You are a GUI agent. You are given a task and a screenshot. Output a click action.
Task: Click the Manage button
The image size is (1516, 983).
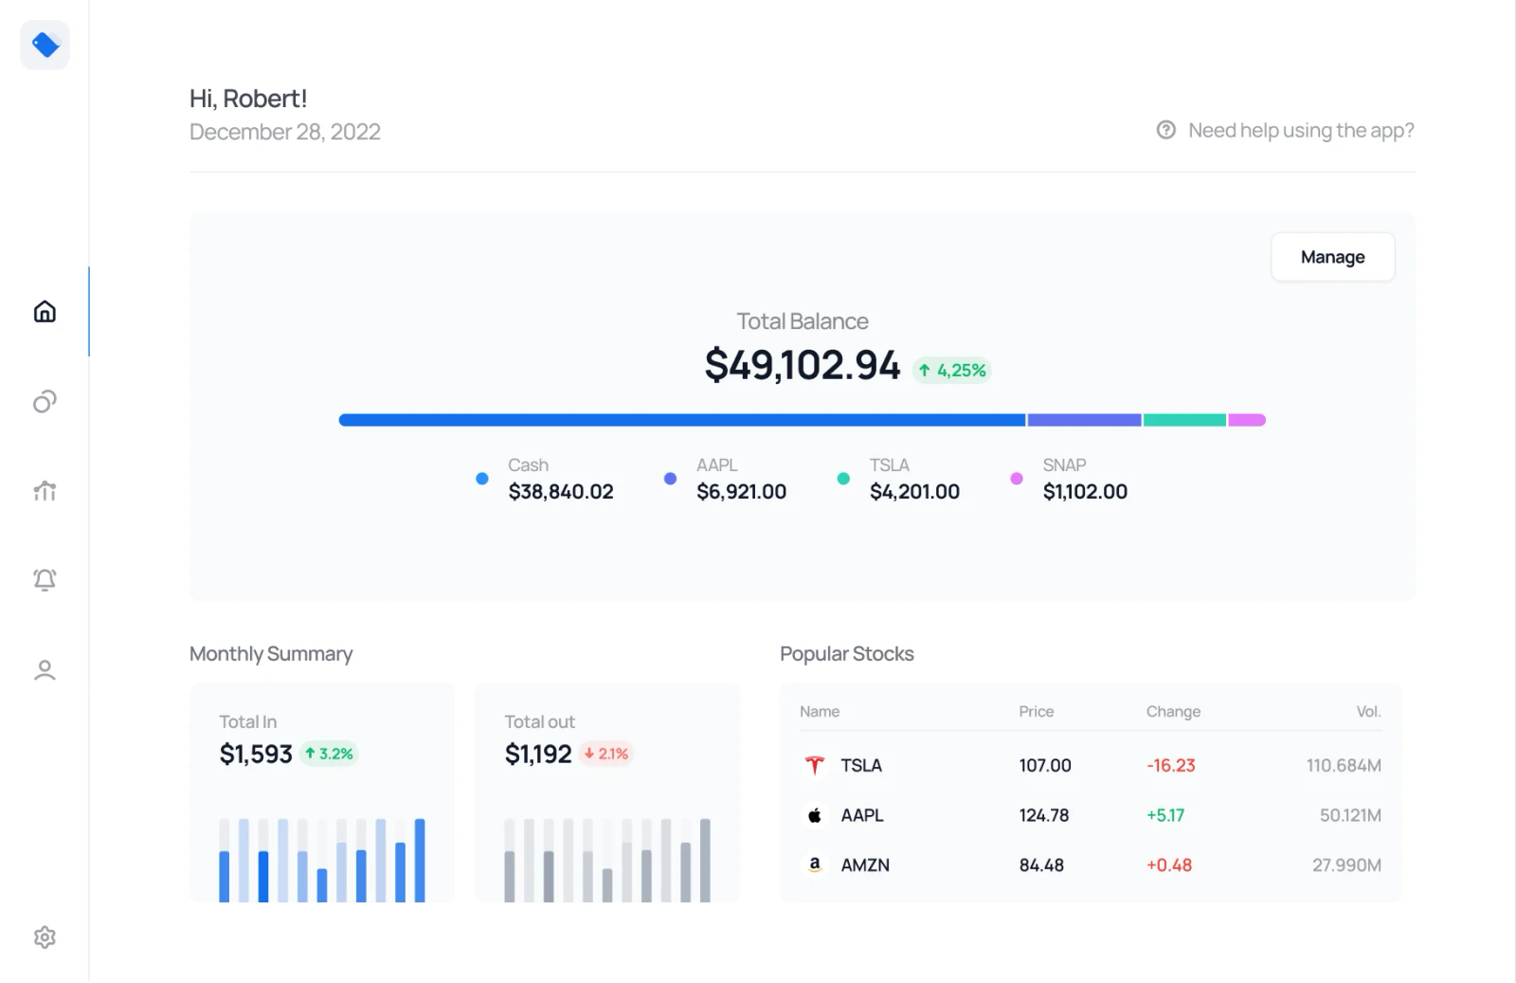(1332, 257)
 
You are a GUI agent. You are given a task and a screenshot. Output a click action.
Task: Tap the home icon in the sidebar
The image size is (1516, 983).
(45, 312)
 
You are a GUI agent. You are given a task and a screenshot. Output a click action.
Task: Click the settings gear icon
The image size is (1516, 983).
(45, 937)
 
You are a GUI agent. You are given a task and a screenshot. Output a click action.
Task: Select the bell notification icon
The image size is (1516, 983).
(45, 579)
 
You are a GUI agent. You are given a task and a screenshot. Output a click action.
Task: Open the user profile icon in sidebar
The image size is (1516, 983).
(45, 670)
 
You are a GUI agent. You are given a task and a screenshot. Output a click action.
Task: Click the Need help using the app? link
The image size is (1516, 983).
(1300, 131)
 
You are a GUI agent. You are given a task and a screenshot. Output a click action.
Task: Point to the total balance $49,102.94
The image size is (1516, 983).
(802, 365)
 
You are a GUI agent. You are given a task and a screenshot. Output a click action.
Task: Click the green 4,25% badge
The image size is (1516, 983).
(952, 371)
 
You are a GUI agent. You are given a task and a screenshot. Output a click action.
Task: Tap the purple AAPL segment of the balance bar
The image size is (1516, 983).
(1084, 420)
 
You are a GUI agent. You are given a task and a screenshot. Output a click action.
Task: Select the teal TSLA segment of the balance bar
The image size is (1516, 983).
(1184, 420)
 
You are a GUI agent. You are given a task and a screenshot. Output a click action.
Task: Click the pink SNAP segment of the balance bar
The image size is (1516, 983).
(1247, 420)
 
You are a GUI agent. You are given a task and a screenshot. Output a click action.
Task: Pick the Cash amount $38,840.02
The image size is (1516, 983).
(561, 491)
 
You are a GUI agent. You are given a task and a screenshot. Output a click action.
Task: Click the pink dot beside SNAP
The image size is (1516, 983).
(1017, 479)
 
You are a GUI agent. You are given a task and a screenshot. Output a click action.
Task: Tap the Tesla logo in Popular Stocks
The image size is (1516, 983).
(814, 765)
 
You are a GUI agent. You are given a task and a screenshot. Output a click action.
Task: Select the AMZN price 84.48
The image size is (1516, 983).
(1041, 865)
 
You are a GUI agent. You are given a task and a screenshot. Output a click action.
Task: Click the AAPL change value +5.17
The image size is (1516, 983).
(1165, 815)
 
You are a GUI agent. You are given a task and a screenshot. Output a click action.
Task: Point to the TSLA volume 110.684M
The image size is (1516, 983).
(1344, 765)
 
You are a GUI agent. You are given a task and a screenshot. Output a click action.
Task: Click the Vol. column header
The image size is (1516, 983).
(1368, 712)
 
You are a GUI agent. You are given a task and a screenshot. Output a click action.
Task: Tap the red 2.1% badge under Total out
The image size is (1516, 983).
(606, 754)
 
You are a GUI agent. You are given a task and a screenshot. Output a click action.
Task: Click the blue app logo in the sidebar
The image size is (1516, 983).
(45, 45)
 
